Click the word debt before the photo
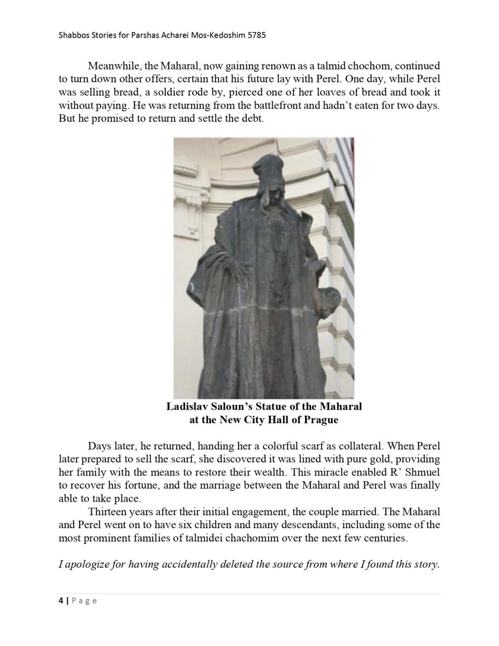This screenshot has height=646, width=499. pos(251,118)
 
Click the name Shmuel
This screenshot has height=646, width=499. pos(420,472)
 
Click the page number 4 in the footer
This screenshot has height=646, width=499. pos(61,600)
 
